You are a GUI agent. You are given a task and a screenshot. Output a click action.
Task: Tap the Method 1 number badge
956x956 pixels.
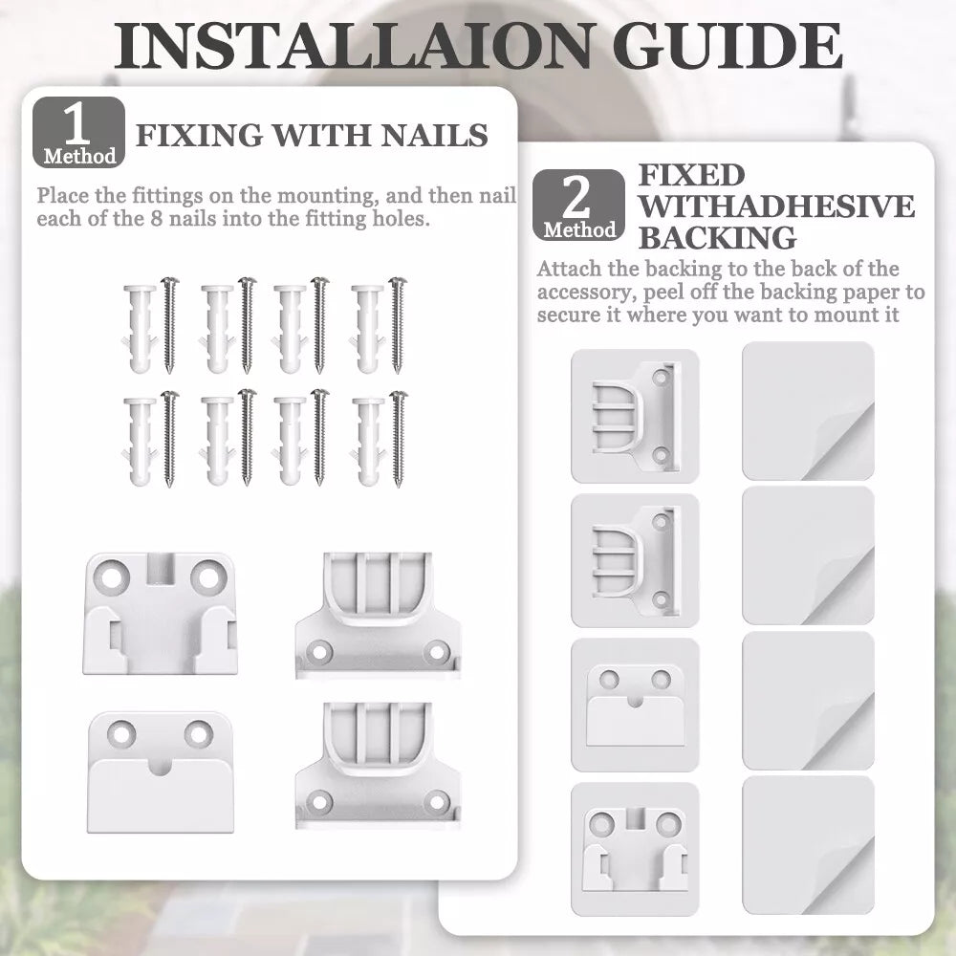click(78, 132)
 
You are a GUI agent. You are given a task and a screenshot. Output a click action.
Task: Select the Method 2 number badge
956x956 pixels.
click(578, 205)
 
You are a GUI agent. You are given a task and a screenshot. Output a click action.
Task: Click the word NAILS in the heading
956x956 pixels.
click(434, 136)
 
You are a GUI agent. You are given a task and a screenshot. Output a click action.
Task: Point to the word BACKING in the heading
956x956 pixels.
click(717, 238)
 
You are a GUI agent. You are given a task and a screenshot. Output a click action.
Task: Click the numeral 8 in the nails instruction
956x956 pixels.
click(157, 218)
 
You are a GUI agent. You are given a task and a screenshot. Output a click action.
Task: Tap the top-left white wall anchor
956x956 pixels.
click(140, 329)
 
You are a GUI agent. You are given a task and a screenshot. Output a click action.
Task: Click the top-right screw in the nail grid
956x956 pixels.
click(397, 325)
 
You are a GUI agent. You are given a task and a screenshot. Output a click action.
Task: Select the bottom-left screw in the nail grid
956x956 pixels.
click(169, 439)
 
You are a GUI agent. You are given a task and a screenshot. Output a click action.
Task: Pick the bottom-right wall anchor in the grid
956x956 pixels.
click(368, 442)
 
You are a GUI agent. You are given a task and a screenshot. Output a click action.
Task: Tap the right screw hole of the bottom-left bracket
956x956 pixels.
click(199, 733)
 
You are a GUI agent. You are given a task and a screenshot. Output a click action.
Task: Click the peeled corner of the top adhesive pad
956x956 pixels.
click(840, 442)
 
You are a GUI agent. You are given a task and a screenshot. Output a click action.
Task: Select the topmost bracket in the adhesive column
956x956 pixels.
click(635, 416)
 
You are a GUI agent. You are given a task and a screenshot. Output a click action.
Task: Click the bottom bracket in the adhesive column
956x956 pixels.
click(635, 849)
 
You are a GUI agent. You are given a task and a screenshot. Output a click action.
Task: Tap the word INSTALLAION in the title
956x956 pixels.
click(353, 46)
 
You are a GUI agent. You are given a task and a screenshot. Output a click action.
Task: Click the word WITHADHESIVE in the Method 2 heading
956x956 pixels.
click(776, 206)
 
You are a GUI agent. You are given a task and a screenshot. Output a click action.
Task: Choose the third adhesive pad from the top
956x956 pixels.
click(809, 701)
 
